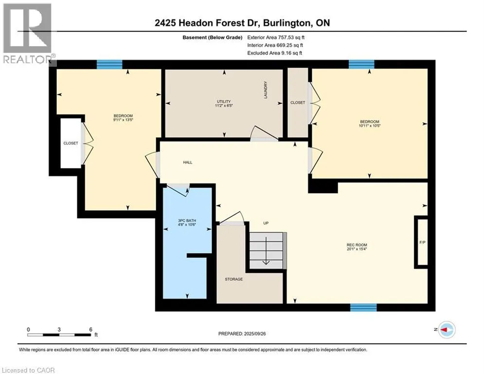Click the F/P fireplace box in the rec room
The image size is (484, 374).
click(x=422, y=243)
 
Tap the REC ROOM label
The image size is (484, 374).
click(x=357, y=245)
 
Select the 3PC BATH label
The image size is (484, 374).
click(x=187, y=221)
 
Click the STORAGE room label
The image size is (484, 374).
click(x=233, y=279)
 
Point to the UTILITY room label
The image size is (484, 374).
click(x=224, y=101)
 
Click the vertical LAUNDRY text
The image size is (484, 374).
click(x=266, y=90)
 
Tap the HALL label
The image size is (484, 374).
click(x=188, y=162)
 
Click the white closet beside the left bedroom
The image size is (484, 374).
click(x=71, y=143)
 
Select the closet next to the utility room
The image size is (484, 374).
click(x=298, y=102)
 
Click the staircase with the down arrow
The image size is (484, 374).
click(x=268, y=250)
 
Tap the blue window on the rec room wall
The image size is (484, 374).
click(x=363, y=307)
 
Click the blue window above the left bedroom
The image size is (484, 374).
click(x=109, y=64)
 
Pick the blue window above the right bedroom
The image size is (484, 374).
click(x=361, y=64)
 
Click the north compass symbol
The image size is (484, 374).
click(x=447, y=330)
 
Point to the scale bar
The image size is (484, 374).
click(x=59, y=335)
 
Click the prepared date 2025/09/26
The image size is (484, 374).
click(x=255, y=334)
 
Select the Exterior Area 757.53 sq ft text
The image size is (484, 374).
click(x=276, y=37)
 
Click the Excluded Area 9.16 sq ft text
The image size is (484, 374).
click(x=275, y=53)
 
